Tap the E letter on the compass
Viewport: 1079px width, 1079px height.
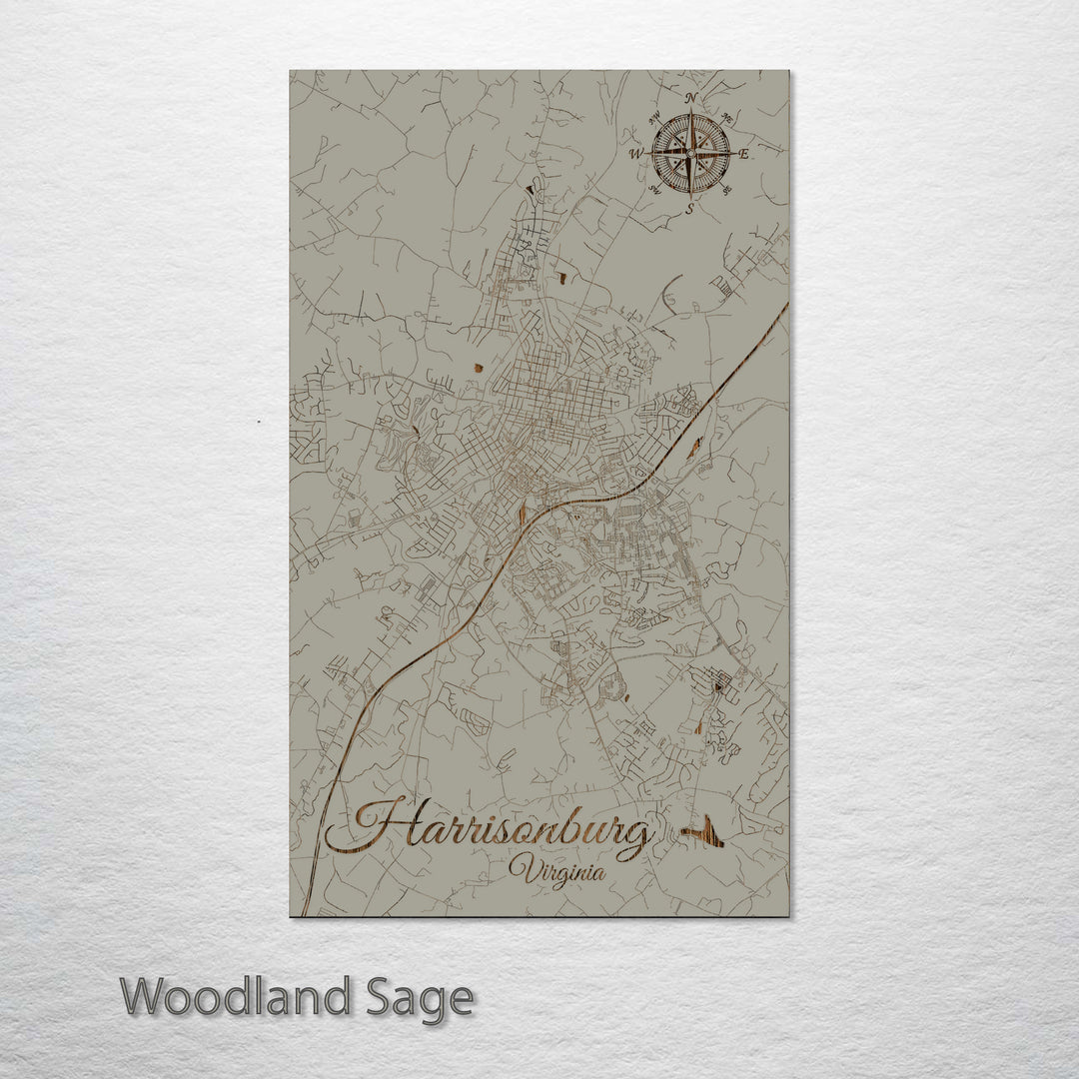[x=743, y=154]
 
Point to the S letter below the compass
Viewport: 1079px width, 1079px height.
[x=690, y=209]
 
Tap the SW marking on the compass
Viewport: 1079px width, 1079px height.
[x=654, y=190]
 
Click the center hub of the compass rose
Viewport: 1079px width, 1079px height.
[x=690, y=153]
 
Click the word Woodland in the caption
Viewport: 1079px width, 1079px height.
[x=235, y=997]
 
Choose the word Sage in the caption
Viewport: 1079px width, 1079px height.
[x=419, y=997]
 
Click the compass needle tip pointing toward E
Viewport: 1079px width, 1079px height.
[x=735, y=153]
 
